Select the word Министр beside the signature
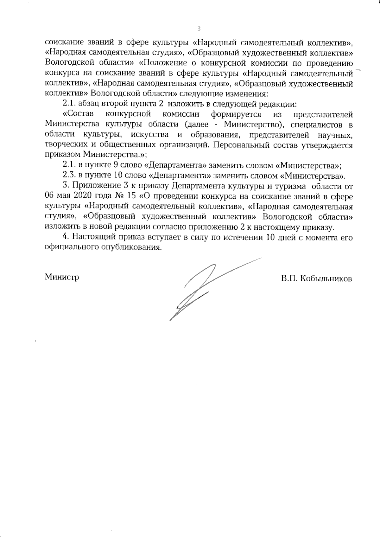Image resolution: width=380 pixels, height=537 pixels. pyautogui.click(x=62, y=277)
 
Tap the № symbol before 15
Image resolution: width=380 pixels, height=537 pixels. pyautogui.click(x=120, y=196)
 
